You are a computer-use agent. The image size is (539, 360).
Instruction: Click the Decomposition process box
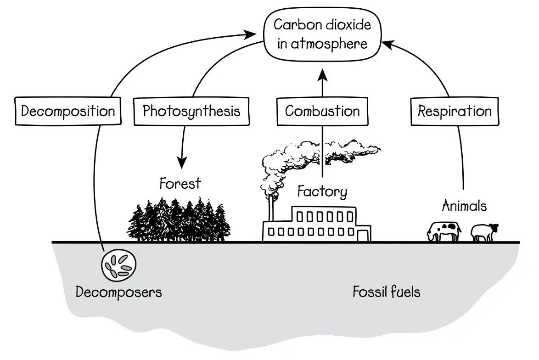click(68, 111)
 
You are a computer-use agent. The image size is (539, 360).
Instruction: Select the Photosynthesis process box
click(191, 111)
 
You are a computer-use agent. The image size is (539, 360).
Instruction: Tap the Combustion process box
click(322, 111)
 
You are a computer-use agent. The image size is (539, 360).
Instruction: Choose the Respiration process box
click(455, 111)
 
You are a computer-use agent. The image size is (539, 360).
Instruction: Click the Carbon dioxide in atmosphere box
click(322, 34)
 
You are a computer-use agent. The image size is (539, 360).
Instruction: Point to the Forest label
click(180, 184)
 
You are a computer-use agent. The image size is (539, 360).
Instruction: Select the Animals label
click(464, 206)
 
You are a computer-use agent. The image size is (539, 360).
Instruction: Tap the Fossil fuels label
click(387, 292)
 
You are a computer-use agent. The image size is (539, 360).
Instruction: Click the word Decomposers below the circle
click(118, 292)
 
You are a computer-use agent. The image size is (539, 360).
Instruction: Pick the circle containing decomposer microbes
click(118, 265)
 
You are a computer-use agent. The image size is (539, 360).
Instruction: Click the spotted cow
click(444, 231)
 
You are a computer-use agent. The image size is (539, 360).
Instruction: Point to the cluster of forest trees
click(180, 220)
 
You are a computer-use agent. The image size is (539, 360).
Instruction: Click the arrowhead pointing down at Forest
click(182, 162)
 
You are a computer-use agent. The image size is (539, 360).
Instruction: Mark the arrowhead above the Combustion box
click(322, 74)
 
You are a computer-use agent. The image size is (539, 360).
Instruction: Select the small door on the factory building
click(362, 236)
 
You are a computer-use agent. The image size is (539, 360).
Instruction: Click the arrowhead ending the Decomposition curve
click(250, 34)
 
